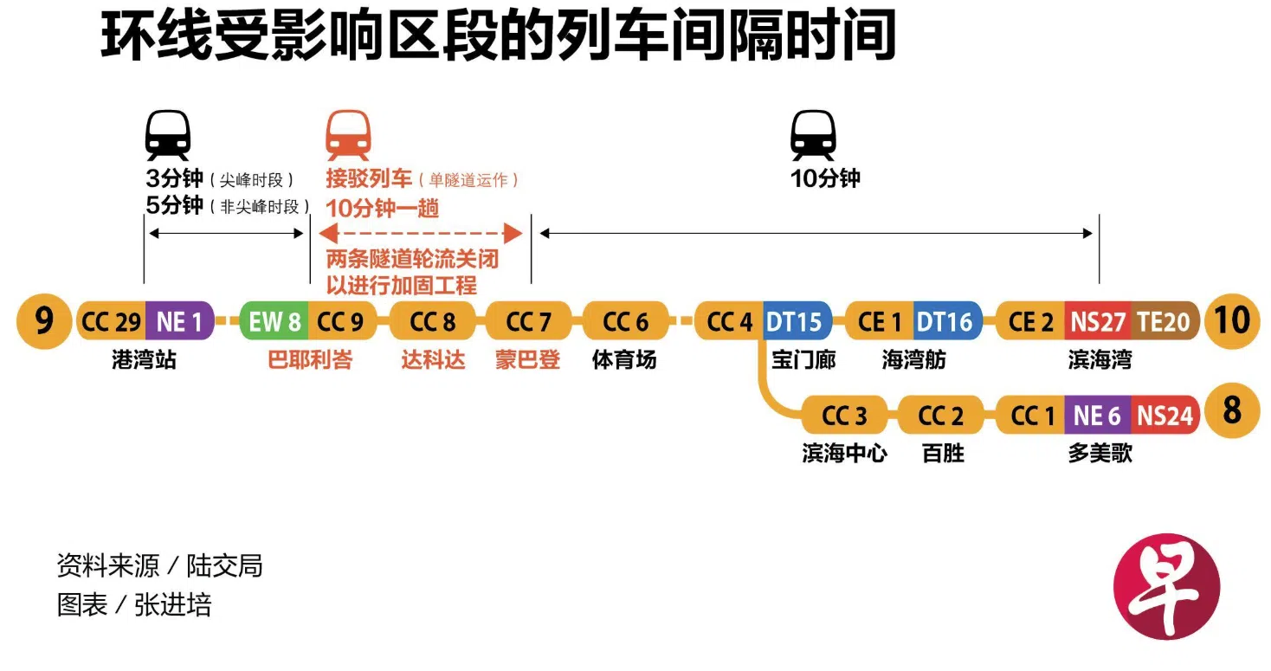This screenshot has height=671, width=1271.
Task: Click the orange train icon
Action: coord(348,136)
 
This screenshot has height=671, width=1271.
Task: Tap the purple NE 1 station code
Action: coord(179,322)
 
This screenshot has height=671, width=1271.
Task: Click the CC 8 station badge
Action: coord(433,322)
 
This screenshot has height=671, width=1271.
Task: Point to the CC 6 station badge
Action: coord(625,322)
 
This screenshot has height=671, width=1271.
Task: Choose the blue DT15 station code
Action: coord(795,322)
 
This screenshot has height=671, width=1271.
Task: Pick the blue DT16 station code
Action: coord(945,322)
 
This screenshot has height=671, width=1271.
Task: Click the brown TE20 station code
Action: coord(1164,322)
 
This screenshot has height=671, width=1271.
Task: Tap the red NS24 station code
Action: coord(1165,416)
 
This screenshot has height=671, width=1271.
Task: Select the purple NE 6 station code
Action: coord(1097,416)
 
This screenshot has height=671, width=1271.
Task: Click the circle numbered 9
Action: coord(43,321)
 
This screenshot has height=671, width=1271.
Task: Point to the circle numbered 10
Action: coord(1231,321)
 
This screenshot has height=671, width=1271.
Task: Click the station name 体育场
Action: coord(624,360)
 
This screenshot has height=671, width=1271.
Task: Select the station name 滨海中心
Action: coord(844,453)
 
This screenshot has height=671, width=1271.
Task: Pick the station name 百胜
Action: coord(943,453)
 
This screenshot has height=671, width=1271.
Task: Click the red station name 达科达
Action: coord(433,360)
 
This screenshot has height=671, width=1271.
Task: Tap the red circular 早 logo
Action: coord(1166,585)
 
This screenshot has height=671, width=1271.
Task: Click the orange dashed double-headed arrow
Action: coord(421,233)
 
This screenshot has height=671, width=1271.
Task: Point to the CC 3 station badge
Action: coord(844,416)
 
